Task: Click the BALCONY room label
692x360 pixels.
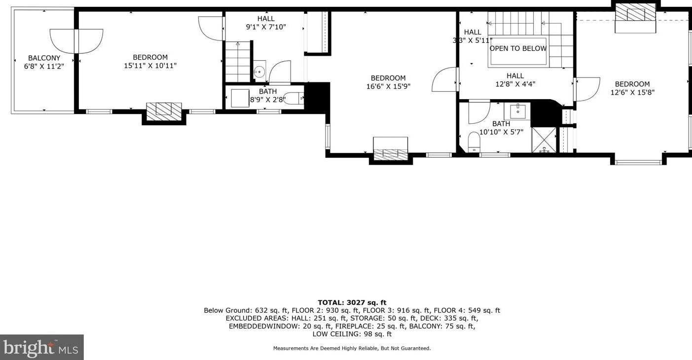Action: [x=44, y=58]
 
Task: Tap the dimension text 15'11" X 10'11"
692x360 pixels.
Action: [x=150, y=66]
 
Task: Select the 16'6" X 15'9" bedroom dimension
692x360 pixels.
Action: [x=388, y=86]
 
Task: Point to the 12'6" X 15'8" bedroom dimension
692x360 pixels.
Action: [x=632, y=92]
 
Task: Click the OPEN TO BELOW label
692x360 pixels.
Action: [x=518, y=48]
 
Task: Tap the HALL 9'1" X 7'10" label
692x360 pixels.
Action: [x=266, y=23]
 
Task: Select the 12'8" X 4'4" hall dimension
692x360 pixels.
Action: [x=515, y=84]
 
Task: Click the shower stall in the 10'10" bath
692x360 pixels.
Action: [x=544, y=140]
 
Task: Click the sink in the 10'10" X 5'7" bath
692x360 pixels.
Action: [x=517, y=111]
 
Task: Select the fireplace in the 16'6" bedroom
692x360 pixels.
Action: [x=390, y=149]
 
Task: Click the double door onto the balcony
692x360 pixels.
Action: [x=76, y=41]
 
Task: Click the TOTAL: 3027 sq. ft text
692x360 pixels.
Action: [x=352, y=302]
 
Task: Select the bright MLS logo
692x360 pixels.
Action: [x=41, y=348]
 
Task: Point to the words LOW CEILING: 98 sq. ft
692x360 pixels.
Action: [x=352, y=334]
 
